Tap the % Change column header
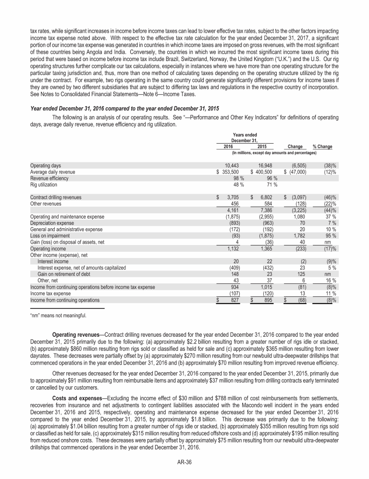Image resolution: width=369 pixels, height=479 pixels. click(322, 147)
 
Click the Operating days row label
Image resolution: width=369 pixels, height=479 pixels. click(46, 165)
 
